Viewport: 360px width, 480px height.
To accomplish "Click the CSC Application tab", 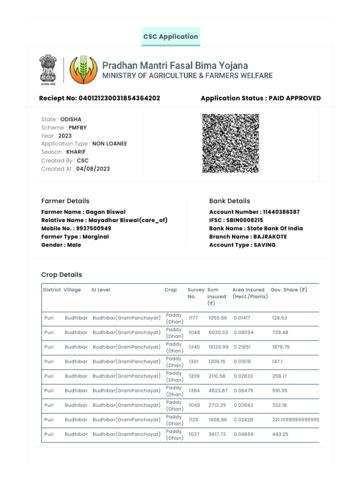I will [171, 37].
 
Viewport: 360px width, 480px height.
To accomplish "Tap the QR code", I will [231, 143].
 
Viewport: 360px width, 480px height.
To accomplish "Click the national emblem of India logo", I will [47, 70].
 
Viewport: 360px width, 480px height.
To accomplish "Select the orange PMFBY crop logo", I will [83, 70].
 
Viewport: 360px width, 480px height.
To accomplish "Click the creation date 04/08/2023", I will [93, 169].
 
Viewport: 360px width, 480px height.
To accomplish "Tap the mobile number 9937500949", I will [93, 228].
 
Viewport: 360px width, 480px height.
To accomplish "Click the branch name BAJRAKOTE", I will [270, 237].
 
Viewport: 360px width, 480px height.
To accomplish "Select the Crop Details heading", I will [61, 275].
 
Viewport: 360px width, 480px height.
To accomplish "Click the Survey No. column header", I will [196, 293].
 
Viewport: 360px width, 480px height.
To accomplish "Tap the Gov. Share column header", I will [289, 290].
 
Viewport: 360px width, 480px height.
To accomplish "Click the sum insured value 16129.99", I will [218, 347].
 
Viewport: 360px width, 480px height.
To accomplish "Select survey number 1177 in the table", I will [193, 318].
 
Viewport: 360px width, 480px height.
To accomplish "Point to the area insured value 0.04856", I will [243, 434].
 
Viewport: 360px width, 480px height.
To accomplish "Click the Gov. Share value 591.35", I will [280, 390].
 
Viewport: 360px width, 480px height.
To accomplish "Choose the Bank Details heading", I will [229, 201].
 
